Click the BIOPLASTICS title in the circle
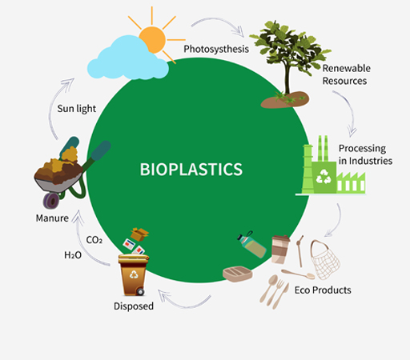(191, 170)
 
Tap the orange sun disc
(153, 39)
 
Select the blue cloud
(127, 58)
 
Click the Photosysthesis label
(216, 49)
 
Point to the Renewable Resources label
(346, 74)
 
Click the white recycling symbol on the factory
(324, 177)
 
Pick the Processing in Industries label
(365, 154)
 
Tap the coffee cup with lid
(280, 250)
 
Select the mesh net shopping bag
(325, 259)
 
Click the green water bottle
(251, 244)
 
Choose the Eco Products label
(323, 290)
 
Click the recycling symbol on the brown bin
(134, 274)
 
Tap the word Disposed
(134, 306)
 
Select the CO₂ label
(94, 240)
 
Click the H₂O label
(73, 255)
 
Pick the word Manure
(52, 218)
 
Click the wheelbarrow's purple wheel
(51, 201)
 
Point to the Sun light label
(77, 109)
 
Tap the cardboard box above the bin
(139, 234)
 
